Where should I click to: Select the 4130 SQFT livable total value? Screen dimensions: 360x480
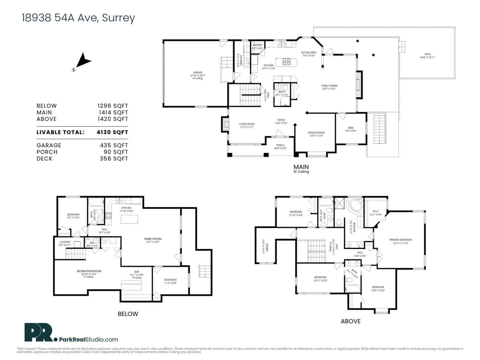tap(112, 132)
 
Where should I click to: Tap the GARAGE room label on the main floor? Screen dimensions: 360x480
tap(198, 73)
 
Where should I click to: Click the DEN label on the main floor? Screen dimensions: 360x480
tap(350, 128)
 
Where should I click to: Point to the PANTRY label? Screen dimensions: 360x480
tap(257, 45)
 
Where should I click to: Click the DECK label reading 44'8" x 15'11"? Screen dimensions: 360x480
tap(427, 55)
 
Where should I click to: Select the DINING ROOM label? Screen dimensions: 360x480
tap(316, 133)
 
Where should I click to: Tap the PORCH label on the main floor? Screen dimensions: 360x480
tap(280, 145)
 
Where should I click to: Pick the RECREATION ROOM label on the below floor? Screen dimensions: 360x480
tap(89, 271)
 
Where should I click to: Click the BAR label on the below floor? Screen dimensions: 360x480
tap(137, 272)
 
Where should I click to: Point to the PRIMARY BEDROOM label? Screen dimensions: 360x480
tap(400, 240)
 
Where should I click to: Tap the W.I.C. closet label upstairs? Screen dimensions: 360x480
tap(376, 211)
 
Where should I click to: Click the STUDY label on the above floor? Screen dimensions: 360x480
tap(267, 249)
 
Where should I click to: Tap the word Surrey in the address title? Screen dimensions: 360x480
tap(118, 18)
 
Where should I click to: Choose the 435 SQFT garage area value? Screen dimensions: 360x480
tap(114, 145)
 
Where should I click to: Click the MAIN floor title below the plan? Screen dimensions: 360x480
tap(301, 167)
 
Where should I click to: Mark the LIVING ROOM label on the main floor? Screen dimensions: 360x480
tap(247, 124)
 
